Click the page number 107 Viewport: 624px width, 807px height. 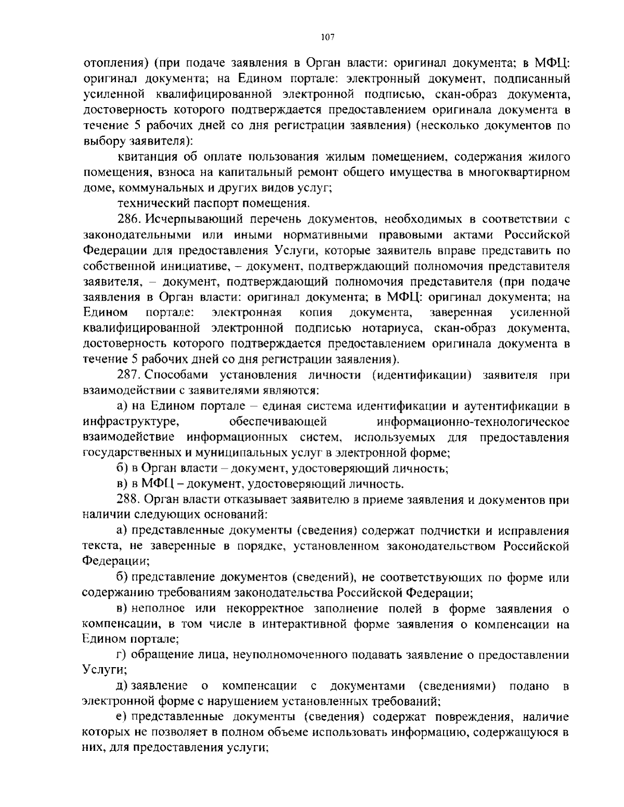click(x=327, y=37)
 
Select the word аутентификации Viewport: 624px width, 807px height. click(x=505, y=406)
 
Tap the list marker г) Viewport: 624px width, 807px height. click(x=123, y=656)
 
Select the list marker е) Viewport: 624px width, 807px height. click(x=123, y=718)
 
